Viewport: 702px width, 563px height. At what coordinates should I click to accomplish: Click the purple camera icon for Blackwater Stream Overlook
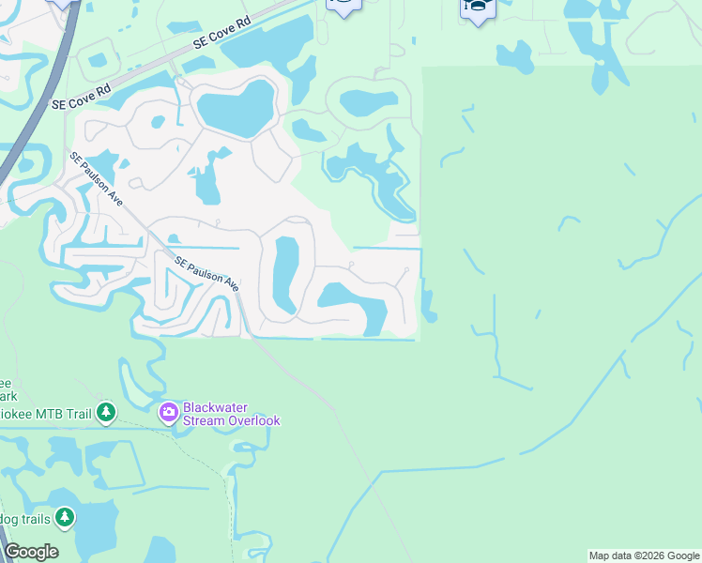(x=169, y=412)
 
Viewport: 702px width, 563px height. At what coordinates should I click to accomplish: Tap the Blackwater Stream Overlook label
(x=231, y=414)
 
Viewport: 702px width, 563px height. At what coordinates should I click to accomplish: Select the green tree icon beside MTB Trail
(x=106, y=412)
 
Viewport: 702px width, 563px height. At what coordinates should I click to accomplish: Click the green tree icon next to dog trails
(x=64, y=517)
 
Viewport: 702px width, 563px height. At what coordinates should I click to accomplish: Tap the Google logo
(x=31, y=552)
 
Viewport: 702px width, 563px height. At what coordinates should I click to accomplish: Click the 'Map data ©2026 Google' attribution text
(x=644, y=555)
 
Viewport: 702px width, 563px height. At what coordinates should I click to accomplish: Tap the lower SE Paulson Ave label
(x=205, y=271)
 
